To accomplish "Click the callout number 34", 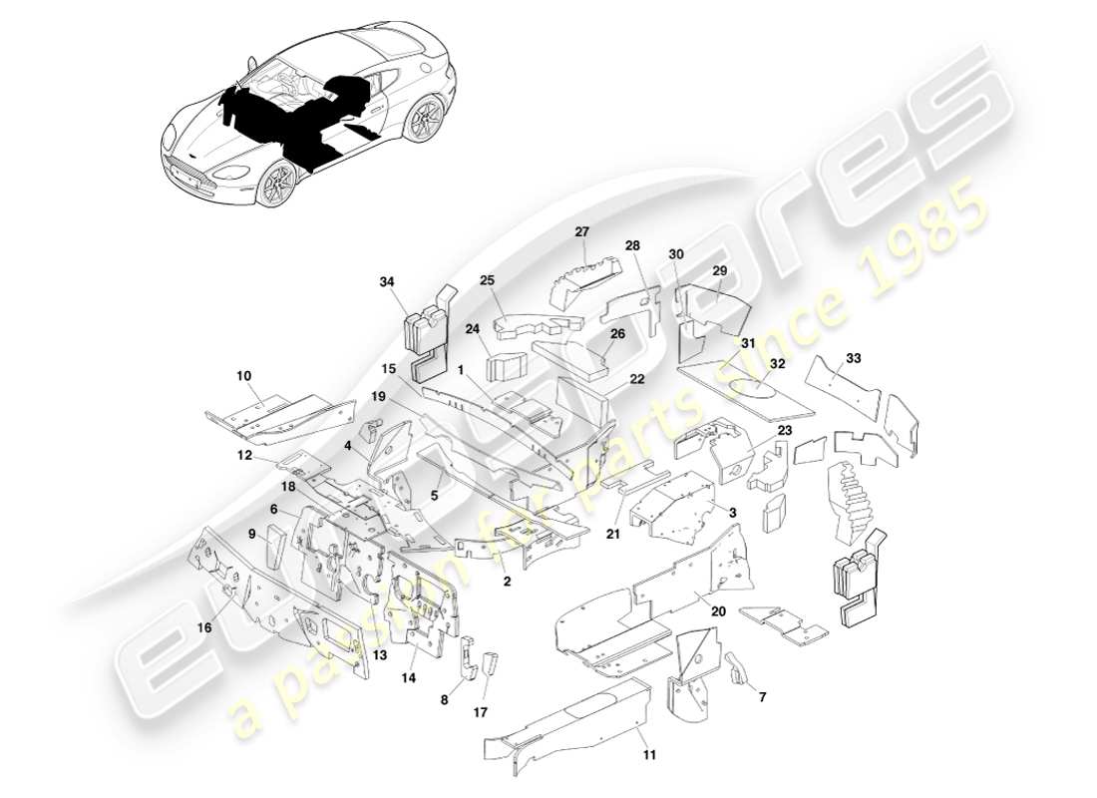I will (387, 282).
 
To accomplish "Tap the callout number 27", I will (582, 231).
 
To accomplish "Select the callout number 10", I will (244, 376).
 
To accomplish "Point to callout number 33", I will (853, 357).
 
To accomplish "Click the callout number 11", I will (649, 755).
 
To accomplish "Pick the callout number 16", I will (204, 628).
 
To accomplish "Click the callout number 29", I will (720, 271).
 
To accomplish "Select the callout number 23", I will (785, 430).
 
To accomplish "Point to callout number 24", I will (473, 328).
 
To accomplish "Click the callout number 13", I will (379, 655).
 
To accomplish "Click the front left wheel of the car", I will (276, 186).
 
